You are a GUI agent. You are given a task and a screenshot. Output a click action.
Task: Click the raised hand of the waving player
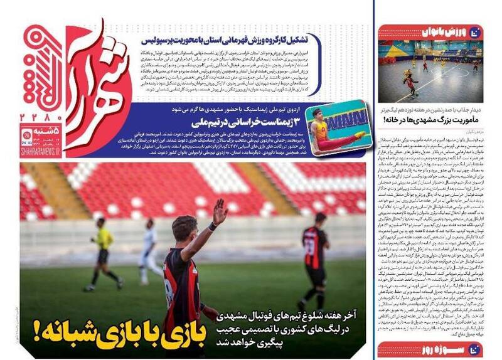[220, 211]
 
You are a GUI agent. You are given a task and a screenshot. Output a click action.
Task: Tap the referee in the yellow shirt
[104, 251]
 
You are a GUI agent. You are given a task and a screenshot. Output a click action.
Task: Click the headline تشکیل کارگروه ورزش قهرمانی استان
[229, 38]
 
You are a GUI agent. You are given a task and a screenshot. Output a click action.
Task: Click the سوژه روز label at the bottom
[434, 349]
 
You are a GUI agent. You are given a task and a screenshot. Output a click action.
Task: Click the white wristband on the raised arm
[213, 226]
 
